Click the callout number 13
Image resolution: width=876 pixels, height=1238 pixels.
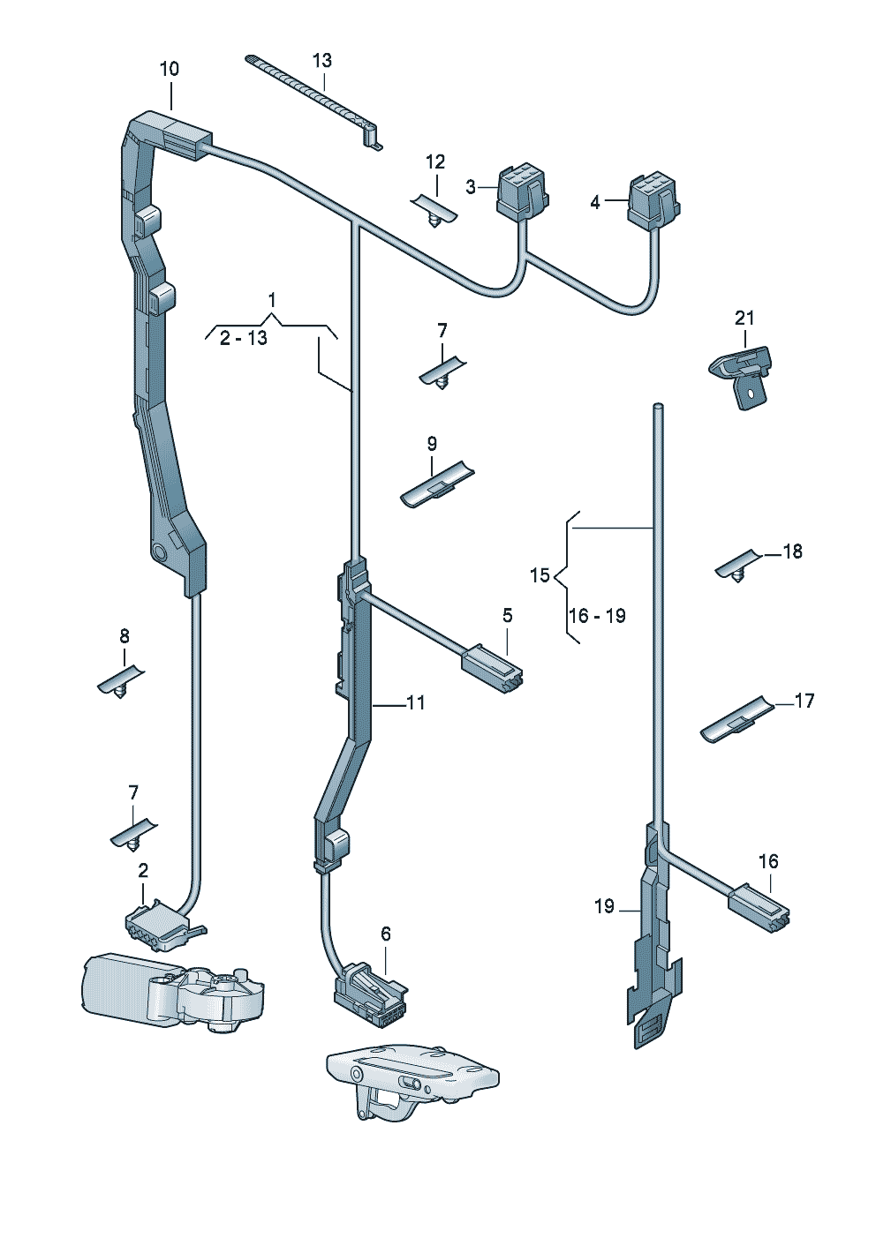click(321, 60)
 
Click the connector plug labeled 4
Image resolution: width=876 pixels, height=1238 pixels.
click(653, 203)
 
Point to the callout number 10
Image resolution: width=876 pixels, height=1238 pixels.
click(170, 70)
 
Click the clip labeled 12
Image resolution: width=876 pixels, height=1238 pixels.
click(434, 211)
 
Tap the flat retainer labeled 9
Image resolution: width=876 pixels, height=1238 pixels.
click(437, 484)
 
